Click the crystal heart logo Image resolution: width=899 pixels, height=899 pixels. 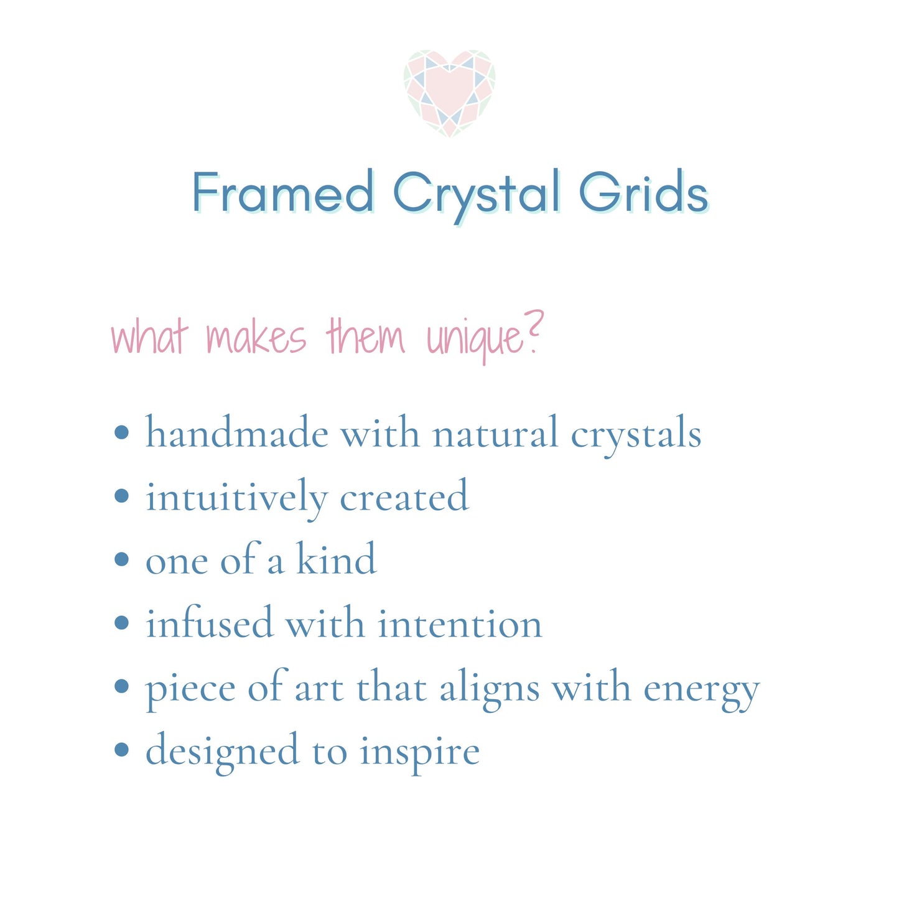[449, 93]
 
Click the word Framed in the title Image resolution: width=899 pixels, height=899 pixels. [283, 192]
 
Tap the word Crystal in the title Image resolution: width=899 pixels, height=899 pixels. [476, 193]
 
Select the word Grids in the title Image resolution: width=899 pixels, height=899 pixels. [643, 192]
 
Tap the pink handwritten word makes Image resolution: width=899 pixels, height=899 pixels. [256, 338]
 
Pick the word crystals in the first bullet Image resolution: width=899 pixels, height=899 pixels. [636, 434]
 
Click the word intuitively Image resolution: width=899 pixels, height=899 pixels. [236, 498]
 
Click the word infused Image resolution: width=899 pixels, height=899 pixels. [209, 623]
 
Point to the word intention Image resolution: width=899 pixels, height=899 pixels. [460, 623]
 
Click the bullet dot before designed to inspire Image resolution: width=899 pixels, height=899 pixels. [122, 750]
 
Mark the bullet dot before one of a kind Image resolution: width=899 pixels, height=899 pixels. [122, 559]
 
